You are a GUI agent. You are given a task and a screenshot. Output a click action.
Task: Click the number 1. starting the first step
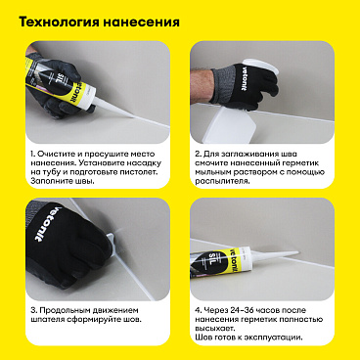point(31,155)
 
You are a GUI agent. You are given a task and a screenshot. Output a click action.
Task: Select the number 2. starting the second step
point(197,155)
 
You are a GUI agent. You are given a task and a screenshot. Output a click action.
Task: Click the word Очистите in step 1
point(57,155)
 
